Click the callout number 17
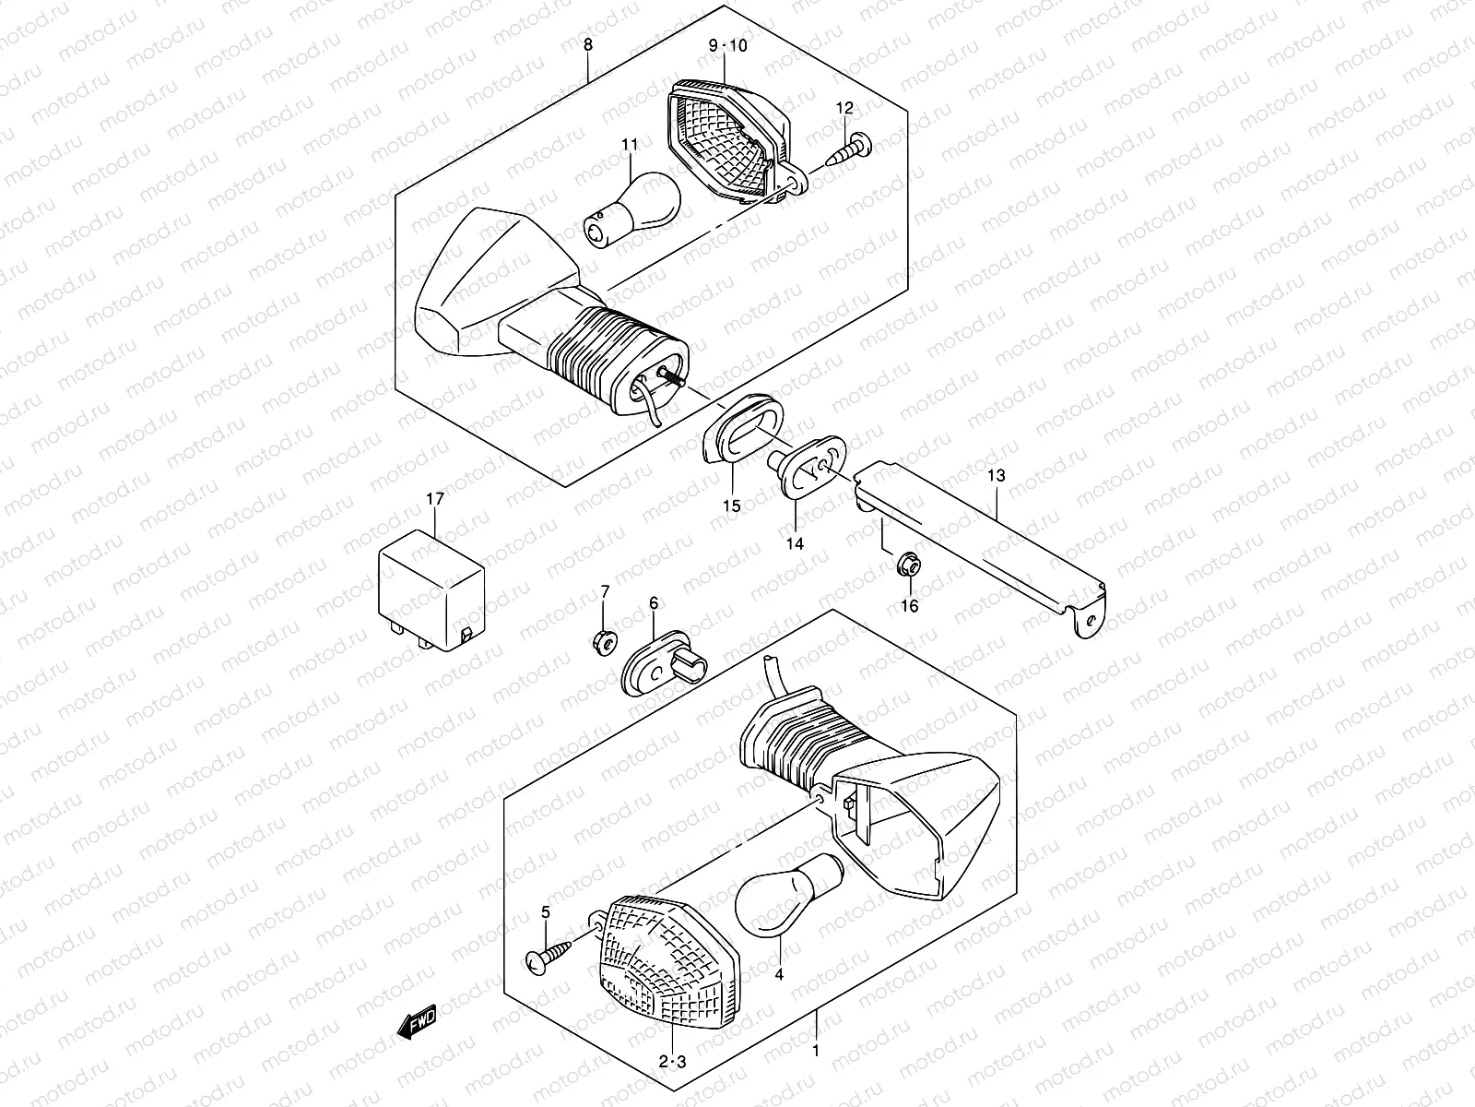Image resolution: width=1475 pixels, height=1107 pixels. coord(435,499)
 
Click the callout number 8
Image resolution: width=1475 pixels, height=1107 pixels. coord(588,45)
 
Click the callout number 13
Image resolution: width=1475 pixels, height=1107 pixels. coord(996,477)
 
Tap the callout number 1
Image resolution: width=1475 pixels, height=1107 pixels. coord(814,1051)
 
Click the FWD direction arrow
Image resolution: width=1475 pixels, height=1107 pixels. coord(418,1021)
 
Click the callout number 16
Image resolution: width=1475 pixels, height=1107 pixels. coord(910,606)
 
